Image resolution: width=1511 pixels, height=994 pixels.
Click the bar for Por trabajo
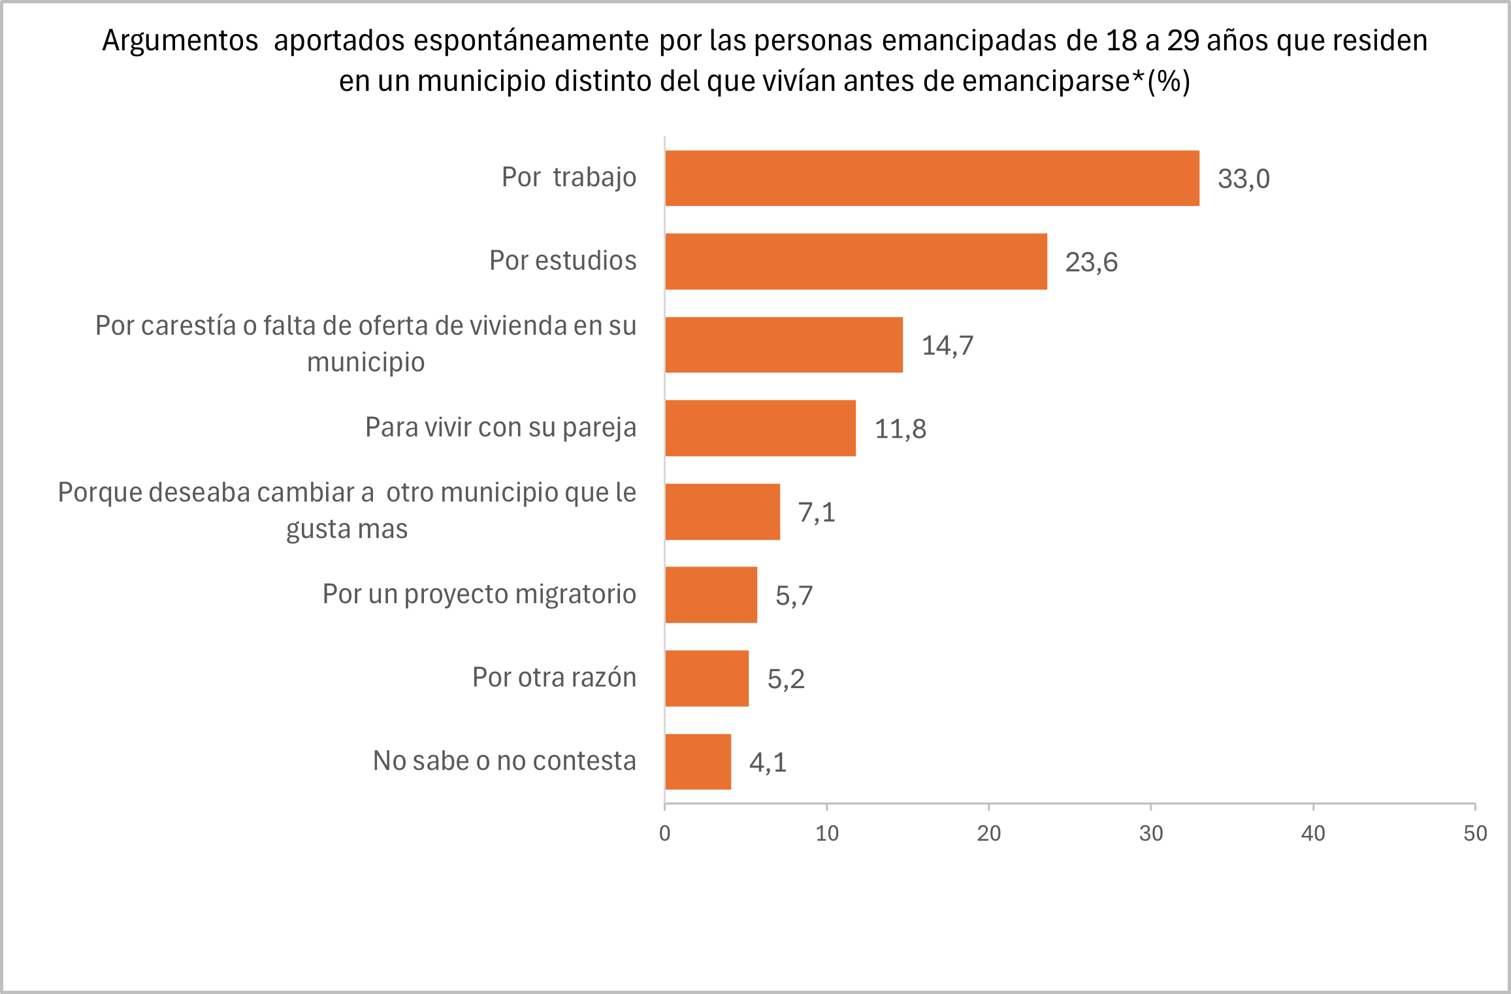(x=932, y=178)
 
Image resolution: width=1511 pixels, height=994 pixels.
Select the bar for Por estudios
(x=856, y=261)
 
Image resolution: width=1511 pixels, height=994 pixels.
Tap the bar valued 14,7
(x=784, y=345)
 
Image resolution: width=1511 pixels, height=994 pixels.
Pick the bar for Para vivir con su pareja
(x=760, y=428)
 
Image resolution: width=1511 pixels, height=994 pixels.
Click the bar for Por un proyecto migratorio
(x=711, y=595)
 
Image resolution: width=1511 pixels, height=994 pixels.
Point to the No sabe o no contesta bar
(x=698, y=761)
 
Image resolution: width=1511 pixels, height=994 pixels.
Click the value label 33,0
(x=1243, y=179)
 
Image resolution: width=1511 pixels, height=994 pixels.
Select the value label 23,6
(x=1091, y=263)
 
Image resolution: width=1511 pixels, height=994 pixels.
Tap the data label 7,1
(x=817, y=512)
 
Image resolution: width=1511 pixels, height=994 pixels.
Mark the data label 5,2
(x=785, y=679)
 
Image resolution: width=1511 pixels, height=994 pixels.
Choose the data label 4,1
(x=768, y=763)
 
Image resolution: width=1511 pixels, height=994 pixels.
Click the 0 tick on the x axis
(x=664, y=833)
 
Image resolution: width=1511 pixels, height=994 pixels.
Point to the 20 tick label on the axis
(x=988, y=833)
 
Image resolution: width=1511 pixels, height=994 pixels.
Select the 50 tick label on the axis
(x=1474, y=833)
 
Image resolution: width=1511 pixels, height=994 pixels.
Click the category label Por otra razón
(x=554, y=678)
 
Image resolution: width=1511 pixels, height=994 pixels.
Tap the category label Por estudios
(x=562, y=261)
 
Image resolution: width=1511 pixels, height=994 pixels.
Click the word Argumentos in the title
(x=180, y=41)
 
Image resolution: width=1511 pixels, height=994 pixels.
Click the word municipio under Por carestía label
(x=366, y=362)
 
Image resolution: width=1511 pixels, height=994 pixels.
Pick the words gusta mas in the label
(x=346, y=529)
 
